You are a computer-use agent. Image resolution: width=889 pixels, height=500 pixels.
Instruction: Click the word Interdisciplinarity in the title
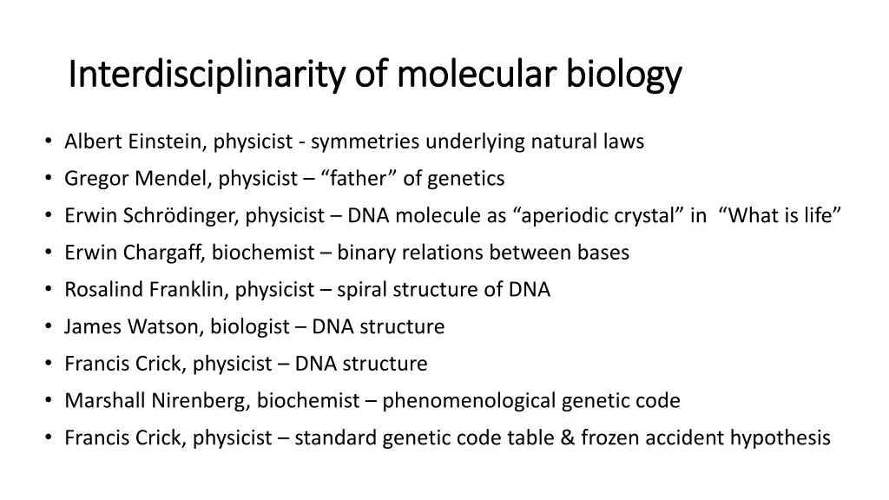pos(207,75)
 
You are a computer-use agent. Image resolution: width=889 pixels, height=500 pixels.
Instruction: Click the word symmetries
pos(365,141)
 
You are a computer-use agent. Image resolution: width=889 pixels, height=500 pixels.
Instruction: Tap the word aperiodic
pos(563,216)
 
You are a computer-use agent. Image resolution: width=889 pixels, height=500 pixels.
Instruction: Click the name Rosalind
pos(102,290)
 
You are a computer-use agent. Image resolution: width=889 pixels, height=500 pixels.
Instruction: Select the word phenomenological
pos(469,401)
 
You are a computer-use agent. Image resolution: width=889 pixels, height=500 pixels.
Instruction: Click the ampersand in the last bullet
pos(568,438)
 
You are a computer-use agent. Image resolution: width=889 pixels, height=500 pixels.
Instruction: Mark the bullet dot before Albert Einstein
pos(47,141)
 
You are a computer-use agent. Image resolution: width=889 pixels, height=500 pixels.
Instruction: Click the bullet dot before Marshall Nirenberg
pos(47,401)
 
